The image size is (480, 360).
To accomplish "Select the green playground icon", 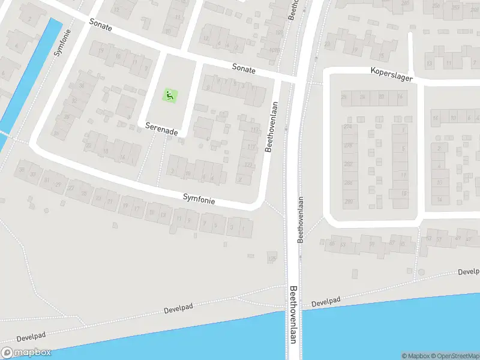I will click(170, 95).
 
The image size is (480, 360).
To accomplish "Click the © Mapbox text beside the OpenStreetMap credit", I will click(415, 356).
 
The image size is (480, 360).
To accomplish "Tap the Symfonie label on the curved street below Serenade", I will click(199, 198).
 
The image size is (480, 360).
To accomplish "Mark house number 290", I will click(349, 202).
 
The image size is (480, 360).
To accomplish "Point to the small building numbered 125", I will click(272, 259).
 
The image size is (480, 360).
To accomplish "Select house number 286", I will click(349, 183).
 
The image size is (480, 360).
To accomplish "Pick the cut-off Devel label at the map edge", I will click(468, 272).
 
